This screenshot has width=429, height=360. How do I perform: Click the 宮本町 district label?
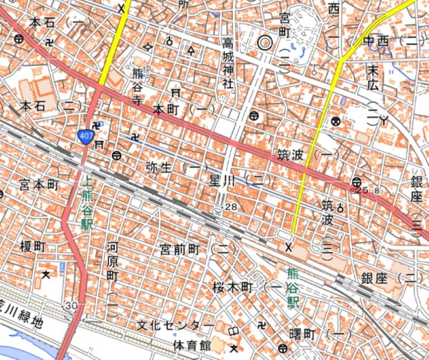click(x=38, y=185)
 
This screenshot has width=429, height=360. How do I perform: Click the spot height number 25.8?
click(x=364, y=190)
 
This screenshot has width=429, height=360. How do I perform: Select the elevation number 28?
click(x=232, y=207)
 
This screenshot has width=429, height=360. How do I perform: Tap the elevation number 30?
click(x=71, y=305)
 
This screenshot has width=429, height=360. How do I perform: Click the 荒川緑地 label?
click(x=21, y=310)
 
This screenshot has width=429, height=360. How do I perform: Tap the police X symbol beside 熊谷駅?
click(x=289, y=247)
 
